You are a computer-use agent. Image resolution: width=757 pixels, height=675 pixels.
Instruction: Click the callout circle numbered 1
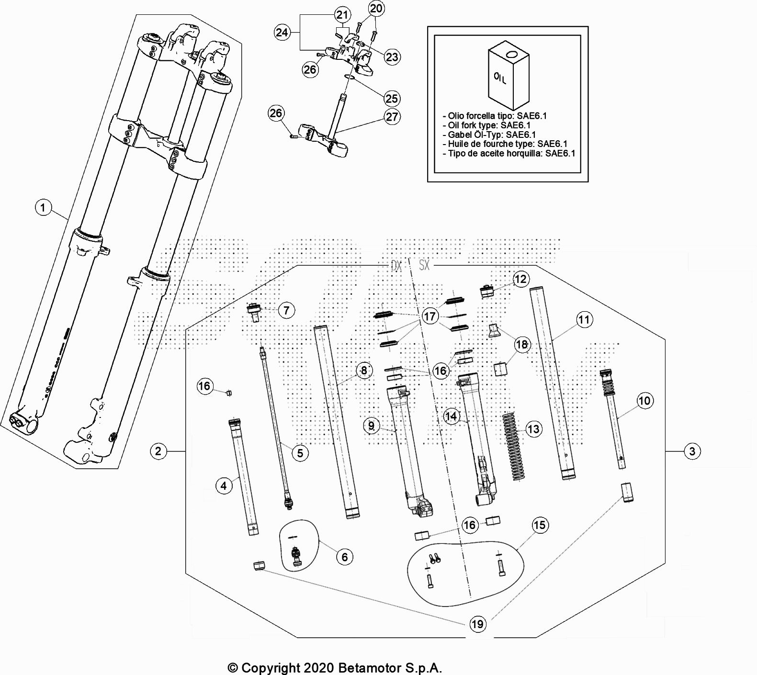(44, 208)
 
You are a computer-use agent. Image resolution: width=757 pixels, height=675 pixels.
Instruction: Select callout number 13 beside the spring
(533, 429)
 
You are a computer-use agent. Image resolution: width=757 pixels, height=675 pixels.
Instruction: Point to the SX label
(424, 265)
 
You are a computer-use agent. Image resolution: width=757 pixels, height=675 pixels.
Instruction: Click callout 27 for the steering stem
(392, 117)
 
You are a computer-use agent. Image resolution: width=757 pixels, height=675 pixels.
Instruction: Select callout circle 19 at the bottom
(477, 624)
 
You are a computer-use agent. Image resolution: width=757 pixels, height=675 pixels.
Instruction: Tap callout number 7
(286, 310)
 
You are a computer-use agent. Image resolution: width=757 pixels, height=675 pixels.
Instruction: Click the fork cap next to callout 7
(254, 313)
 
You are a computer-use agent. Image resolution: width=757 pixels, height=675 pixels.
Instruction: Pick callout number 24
(282, 32)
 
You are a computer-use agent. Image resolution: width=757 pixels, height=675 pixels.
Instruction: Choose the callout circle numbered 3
(692, 451)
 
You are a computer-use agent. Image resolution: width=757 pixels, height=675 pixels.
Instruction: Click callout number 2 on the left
(158, 451)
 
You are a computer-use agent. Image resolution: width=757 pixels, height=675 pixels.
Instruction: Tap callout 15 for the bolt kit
(540, 525)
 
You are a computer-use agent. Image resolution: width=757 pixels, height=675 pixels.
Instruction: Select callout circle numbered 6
(345, 557)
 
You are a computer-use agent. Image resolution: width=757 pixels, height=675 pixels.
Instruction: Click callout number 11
(584, 320)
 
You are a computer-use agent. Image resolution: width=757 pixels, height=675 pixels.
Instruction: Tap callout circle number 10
(644, 401)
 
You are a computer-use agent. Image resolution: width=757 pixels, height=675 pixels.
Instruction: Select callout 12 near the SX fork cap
(520, 279)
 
